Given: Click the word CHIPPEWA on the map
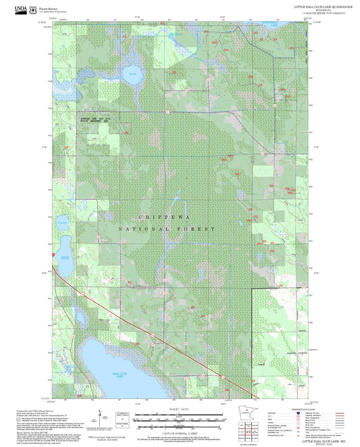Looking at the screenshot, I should pos(166,217).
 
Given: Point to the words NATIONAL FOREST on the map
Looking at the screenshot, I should pos(166,230).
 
